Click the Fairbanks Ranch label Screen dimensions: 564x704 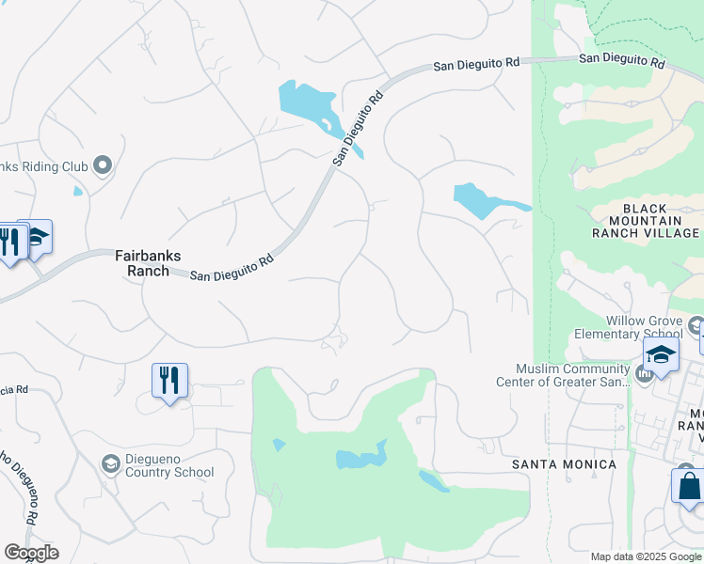[142, 262]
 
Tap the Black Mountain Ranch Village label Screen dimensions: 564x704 [646, 221]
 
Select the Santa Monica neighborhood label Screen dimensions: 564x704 [564, 464]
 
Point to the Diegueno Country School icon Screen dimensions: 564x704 [110, 463]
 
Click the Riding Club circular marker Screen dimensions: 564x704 [103, 166]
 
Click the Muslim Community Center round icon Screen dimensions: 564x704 [644, 375]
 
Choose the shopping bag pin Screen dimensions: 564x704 [690, 487]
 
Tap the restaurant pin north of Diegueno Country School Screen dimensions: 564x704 [169, 381]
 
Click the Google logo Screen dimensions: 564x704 [31, 553]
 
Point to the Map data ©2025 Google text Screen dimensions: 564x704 [645, 556]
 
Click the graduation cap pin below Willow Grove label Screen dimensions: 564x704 [661, 356]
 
